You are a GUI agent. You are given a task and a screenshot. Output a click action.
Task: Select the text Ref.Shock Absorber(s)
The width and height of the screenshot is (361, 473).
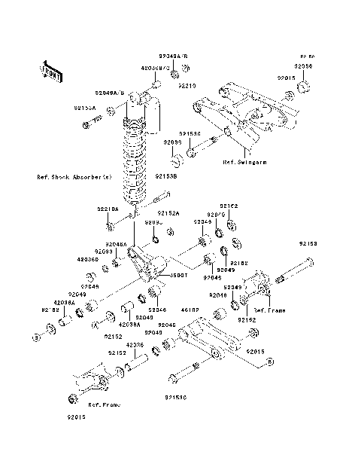74,177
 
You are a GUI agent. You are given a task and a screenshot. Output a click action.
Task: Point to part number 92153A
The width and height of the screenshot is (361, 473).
85,108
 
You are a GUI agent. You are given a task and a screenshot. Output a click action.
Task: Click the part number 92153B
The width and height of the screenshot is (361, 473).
166,177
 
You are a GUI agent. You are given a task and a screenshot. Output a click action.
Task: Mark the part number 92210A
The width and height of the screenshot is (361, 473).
108,208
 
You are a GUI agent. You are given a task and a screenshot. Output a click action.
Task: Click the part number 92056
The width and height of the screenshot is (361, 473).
303,66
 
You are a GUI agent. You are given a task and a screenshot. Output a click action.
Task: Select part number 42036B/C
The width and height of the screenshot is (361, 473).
155,67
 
